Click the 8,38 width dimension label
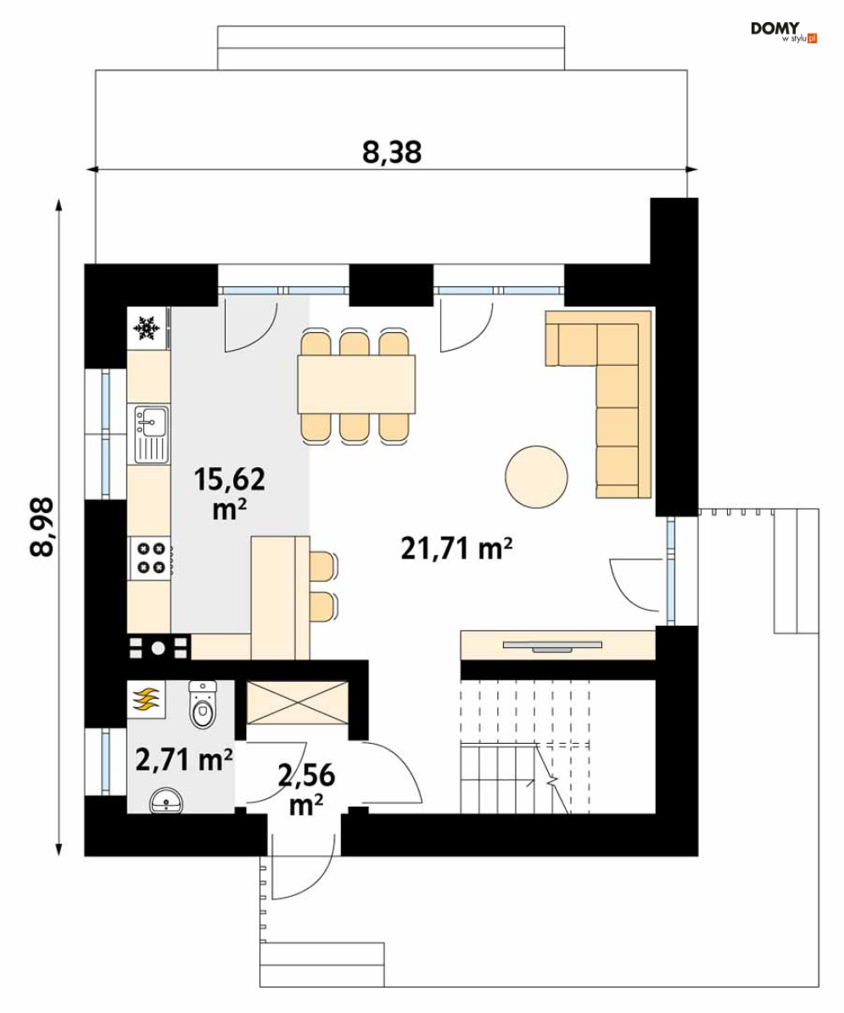tap(392, 152)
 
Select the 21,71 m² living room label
tap(457, 549)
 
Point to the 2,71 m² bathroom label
tap(184, 760)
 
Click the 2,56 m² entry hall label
tap(306, 789)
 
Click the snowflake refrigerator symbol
tap(147, 329)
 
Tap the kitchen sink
tap(151, 434)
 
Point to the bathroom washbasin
tap(166, 802)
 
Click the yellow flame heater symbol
tap(147, 700)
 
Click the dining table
tap(356, 385)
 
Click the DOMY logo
tap(783, 31)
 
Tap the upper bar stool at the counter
tap(323, 566)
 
